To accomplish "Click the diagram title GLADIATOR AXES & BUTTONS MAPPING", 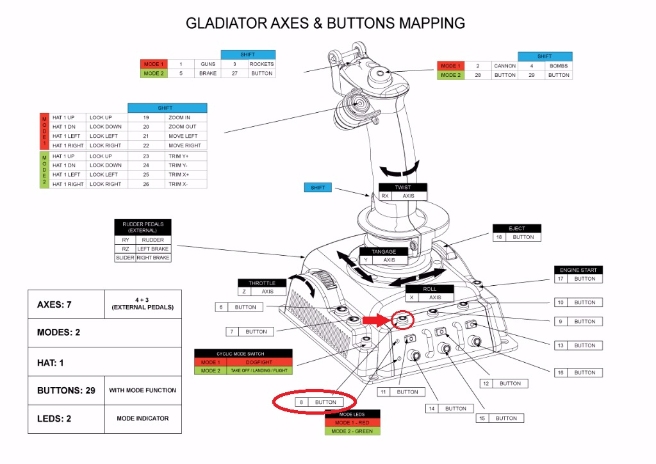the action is coord(325,23).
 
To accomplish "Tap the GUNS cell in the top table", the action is coord(208,64).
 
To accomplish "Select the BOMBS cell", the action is coord(559,65).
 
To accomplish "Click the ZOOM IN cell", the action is coord(186,117).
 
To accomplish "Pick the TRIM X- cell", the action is coord(186,184).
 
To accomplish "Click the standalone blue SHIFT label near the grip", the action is coord(318,187).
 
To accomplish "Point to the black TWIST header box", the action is coord(403,187).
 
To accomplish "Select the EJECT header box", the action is coord(517,228).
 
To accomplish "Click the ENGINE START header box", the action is coord(578,270).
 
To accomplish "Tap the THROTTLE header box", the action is coord(262,283).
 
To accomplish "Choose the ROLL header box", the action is coord(430,288).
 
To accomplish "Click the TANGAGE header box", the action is coord(384,251).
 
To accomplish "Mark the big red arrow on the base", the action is coord(377,320).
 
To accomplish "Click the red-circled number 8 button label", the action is coord(320,402).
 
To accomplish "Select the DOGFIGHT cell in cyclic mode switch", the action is coord(259,362).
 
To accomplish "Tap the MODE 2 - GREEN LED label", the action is coord(352,431).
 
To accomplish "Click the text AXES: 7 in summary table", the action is coord(54,304).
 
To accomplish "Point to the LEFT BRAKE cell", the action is coord(153,249).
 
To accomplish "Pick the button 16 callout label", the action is coord(578,372).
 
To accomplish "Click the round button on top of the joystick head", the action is coord(380,74).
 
